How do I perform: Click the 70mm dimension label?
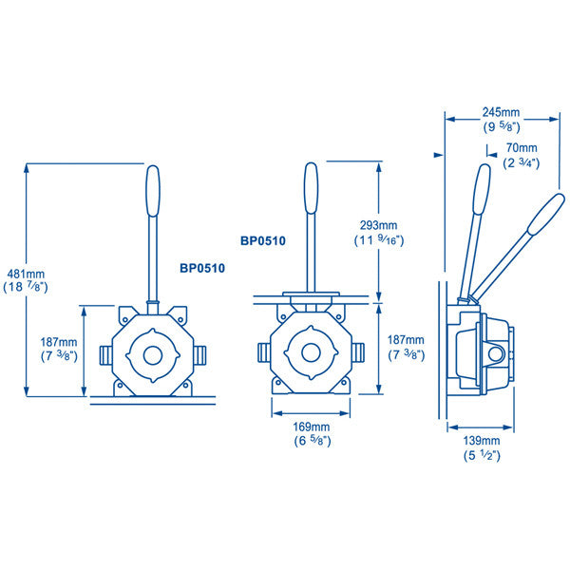point(521,148)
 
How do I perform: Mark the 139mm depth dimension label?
point(482,441)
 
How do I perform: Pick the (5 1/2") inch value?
point(482,455)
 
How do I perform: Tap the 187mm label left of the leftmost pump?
point(59,339)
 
